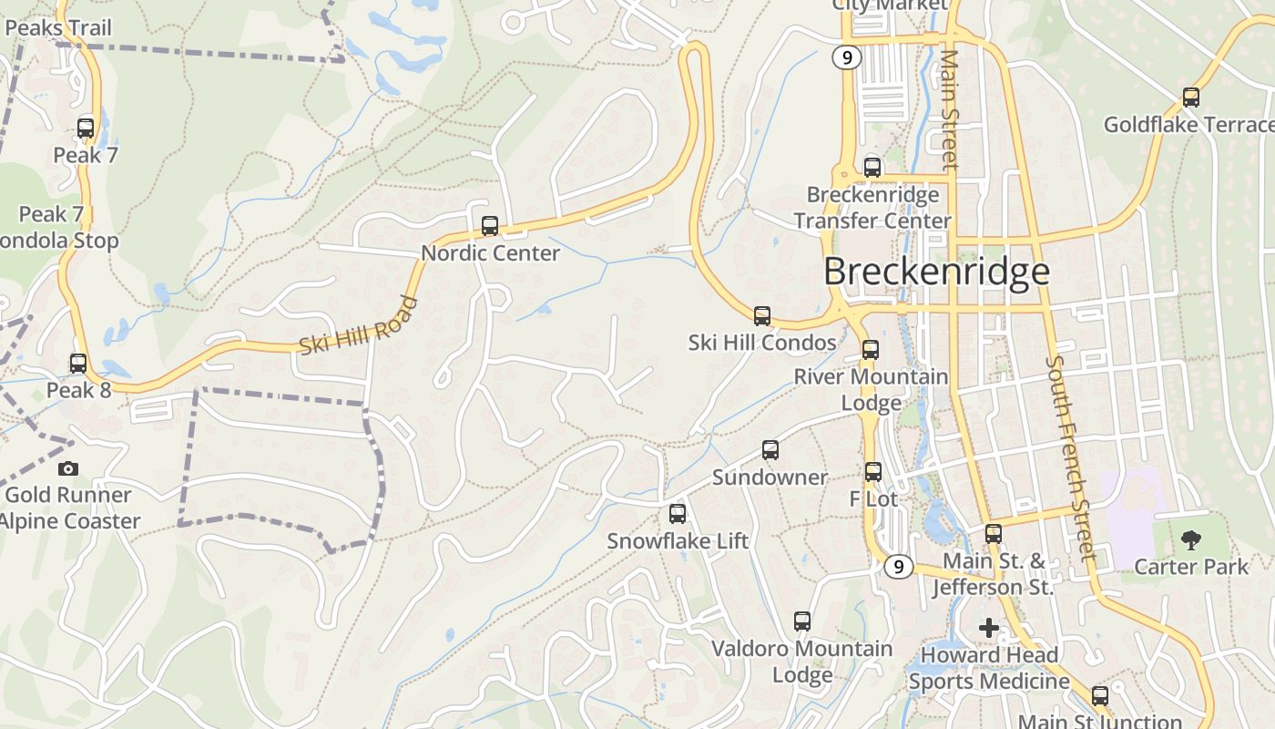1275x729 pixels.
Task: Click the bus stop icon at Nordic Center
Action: pos(490,225)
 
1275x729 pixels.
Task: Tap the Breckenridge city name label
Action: pos(936,272)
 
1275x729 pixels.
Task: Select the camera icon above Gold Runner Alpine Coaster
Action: pos(68,468)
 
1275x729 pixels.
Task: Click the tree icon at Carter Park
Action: pos(1191,539)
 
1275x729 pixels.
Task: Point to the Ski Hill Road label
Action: pos(358,326)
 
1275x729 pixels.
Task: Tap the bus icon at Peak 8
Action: pos(78,364)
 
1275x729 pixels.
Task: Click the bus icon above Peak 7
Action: pos(86,128)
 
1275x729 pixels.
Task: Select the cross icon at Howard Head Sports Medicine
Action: pos(989,627)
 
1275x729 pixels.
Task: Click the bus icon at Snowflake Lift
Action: pos(678,514)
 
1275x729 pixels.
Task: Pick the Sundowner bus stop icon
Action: pos(770,450)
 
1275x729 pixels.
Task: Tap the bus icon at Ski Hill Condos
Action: pos(762,316)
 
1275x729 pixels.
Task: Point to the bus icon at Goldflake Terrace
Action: pos(1190,98)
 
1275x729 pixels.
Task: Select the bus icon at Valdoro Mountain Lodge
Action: pos(802,621)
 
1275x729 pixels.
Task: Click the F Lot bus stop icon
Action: pos(873,472)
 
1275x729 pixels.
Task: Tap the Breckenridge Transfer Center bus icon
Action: pos(872,168)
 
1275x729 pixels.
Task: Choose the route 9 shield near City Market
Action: pos(847,57)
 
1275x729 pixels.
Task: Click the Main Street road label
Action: pos(950,109)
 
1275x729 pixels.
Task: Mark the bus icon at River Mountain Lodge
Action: pos(871,350)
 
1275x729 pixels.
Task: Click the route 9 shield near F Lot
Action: pos(898,567)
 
